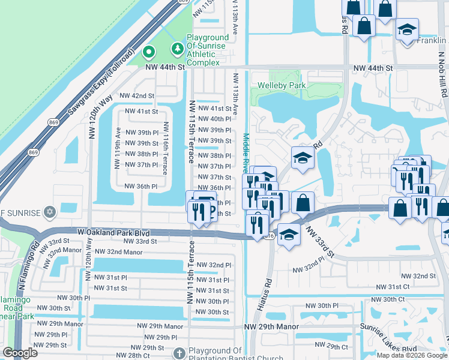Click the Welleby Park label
(282, 85)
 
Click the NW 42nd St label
(137, 95)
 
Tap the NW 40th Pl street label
(214, 119)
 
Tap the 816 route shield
(271, 236)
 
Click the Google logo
(20, 353)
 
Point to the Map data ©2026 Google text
(412, 355)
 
